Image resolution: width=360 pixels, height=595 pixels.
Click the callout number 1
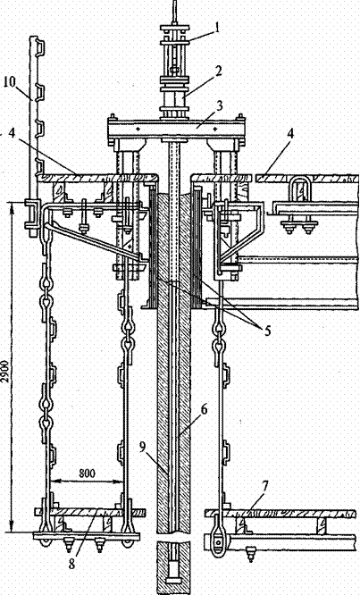216,29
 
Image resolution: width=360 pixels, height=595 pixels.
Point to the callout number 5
267,331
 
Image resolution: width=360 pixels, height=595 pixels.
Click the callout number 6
204,410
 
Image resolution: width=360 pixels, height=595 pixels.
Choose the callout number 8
71,563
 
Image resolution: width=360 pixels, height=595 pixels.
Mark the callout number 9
142,447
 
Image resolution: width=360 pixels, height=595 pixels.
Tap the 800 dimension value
88,473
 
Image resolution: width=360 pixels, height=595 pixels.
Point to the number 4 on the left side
13,136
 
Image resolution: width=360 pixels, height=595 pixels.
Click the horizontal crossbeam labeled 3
176,129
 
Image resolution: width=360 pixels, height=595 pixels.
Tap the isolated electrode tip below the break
174,568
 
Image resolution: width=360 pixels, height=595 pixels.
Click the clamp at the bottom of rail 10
31,214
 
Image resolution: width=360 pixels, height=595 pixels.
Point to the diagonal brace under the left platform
94,242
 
